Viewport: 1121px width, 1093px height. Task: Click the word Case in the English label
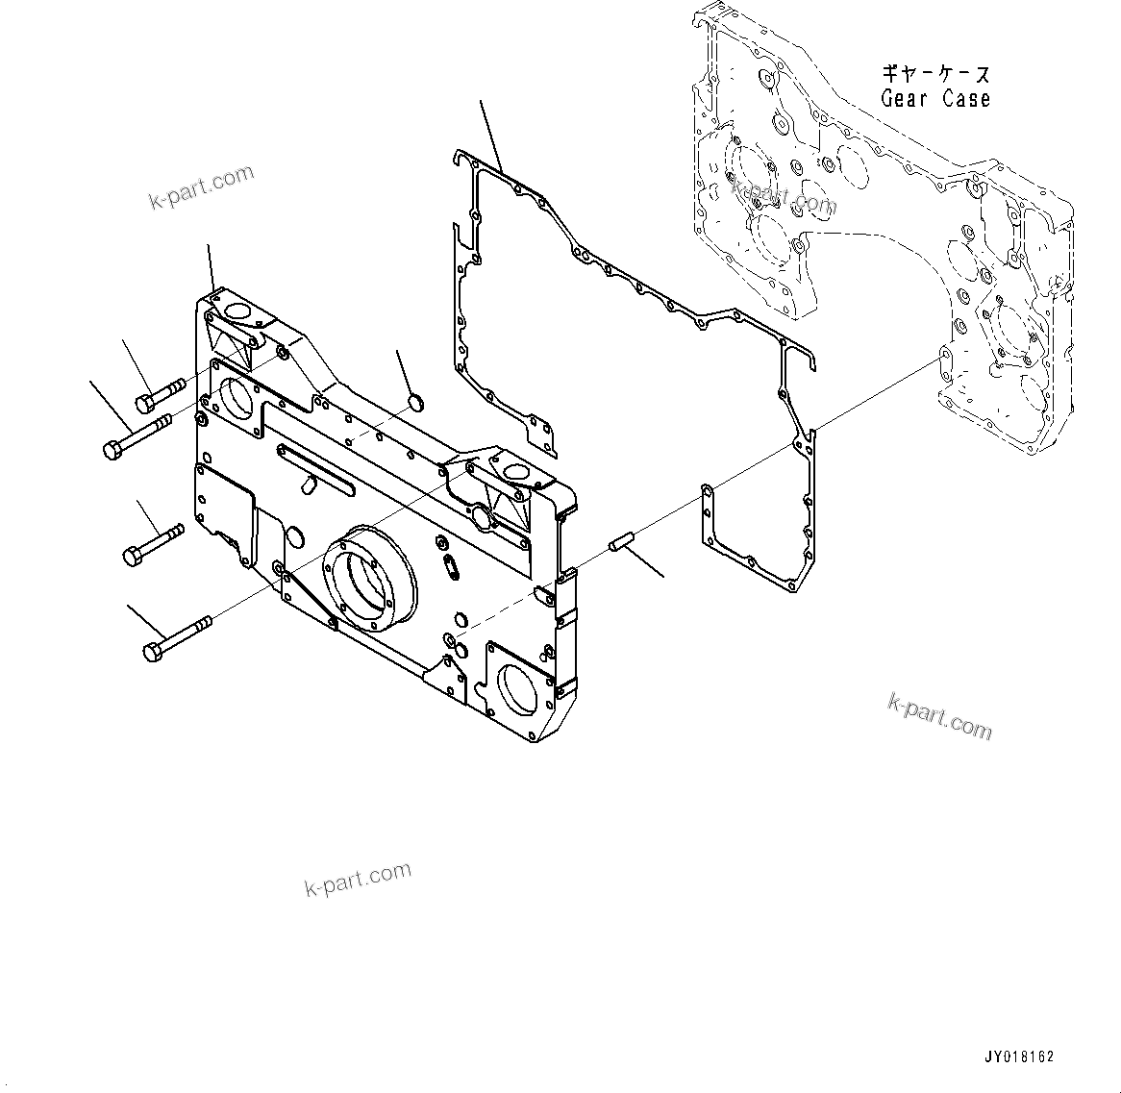[965, 98]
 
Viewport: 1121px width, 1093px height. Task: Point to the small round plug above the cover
[415, 399]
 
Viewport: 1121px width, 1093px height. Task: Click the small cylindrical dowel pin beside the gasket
[621, 545]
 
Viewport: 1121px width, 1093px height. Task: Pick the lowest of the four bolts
[177, 639]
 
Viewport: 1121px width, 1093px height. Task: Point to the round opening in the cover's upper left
[236, 394]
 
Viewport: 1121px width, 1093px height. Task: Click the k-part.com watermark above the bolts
[202, 186]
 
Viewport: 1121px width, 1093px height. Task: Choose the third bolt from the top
[153, 543]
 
